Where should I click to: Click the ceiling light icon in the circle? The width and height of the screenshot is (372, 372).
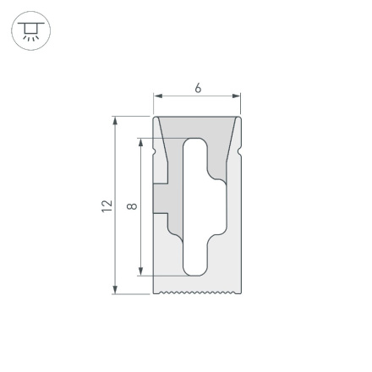tap(30, 31)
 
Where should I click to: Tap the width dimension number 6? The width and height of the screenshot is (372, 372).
tap(198, 88)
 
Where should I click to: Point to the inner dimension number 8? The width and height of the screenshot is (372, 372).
tap(131, 205)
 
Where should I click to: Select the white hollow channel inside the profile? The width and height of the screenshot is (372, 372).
tap(194, 207)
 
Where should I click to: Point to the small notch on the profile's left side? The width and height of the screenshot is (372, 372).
tap(155, 152)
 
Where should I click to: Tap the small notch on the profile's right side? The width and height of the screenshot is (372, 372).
tap(239, 152)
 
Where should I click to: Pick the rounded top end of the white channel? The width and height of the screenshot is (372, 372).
tap(194, 144)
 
